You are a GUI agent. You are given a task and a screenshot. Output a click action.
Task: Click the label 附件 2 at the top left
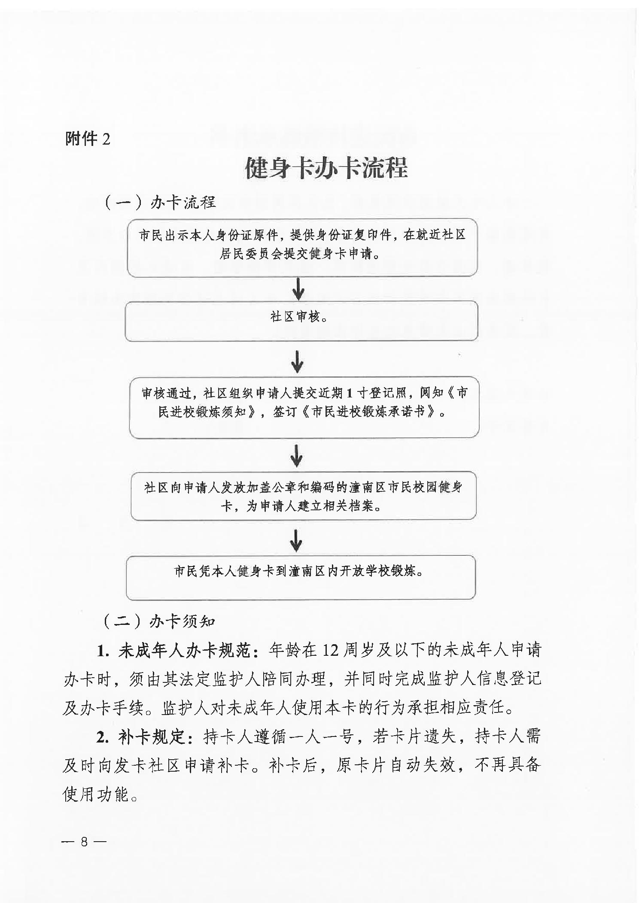tap(88, 139)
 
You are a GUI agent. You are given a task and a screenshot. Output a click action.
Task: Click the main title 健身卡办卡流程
tap(326, 168)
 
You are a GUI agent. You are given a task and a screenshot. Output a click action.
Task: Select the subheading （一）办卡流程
tap(159, 202)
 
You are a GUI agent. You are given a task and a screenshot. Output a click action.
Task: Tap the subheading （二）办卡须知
tap(158, 621)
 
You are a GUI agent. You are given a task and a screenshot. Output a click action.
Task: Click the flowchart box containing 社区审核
tap(301, 321)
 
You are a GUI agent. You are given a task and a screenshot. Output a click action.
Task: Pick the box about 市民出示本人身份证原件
tap(302, 247)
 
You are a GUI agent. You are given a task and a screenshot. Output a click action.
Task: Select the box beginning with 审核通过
tap(304, 407)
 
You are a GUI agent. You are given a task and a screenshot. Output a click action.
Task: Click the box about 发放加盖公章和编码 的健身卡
tap(303, 496)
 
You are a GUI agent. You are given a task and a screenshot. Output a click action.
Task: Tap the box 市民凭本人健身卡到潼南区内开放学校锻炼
tap(301, 577)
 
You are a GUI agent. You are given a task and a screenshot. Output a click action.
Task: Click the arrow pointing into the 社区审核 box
tap(298, 289)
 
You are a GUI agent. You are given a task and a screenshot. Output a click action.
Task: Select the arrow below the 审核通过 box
tap(296, 455)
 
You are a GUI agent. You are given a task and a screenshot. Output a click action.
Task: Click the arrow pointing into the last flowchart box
tap(296, 540)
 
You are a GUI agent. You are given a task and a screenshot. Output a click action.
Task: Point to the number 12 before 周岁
tap(330, 651)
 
